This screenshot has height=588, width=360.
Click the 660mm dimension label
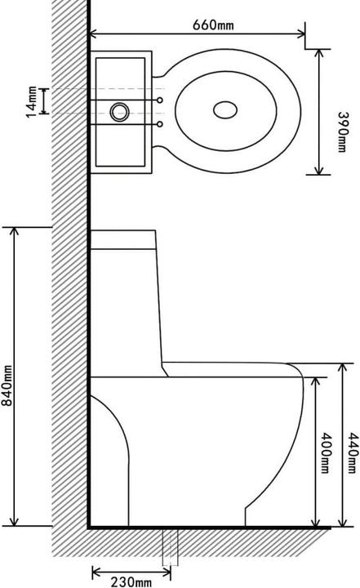tap(213, 24)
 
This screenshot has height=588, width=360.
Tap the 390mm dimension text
tap(342, 131)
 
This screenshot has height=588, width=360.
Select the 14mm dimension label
tap(32, 101)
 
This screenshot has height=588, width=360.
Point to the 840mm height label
tap(7, 385)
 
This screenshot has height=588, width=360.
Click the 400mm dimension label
tap(326, 453)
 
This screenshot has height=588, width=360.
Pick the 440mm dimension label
tap(353, 453)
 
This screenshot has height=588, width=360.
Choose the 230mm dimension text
tap(131, 581)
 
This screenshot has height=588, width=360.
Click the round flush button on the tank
tap(120, 112)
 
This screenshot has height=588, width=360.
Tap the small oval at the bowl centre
tap(225, 110)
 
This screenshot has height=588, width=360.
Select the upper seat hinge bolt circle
tap(160, 100)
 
